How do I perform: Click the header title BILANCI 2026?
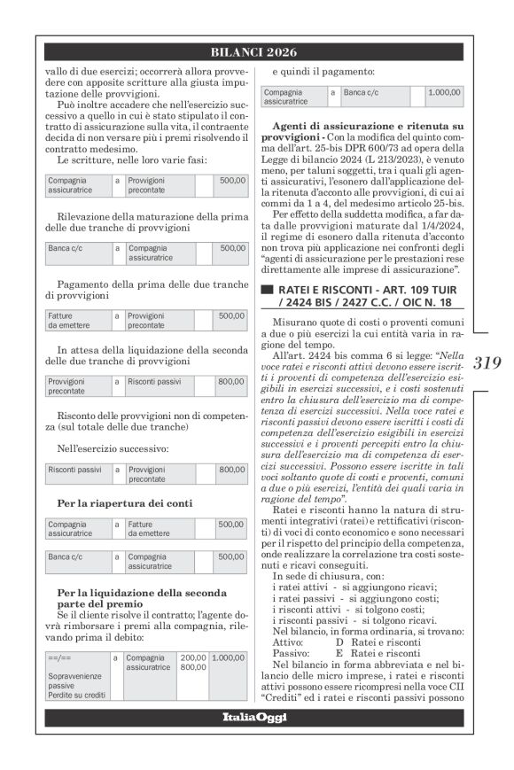pos(257,52)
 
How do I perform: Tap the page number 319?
pos(488,362)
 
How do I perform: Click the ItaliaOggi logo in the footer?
pos(256,741)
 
